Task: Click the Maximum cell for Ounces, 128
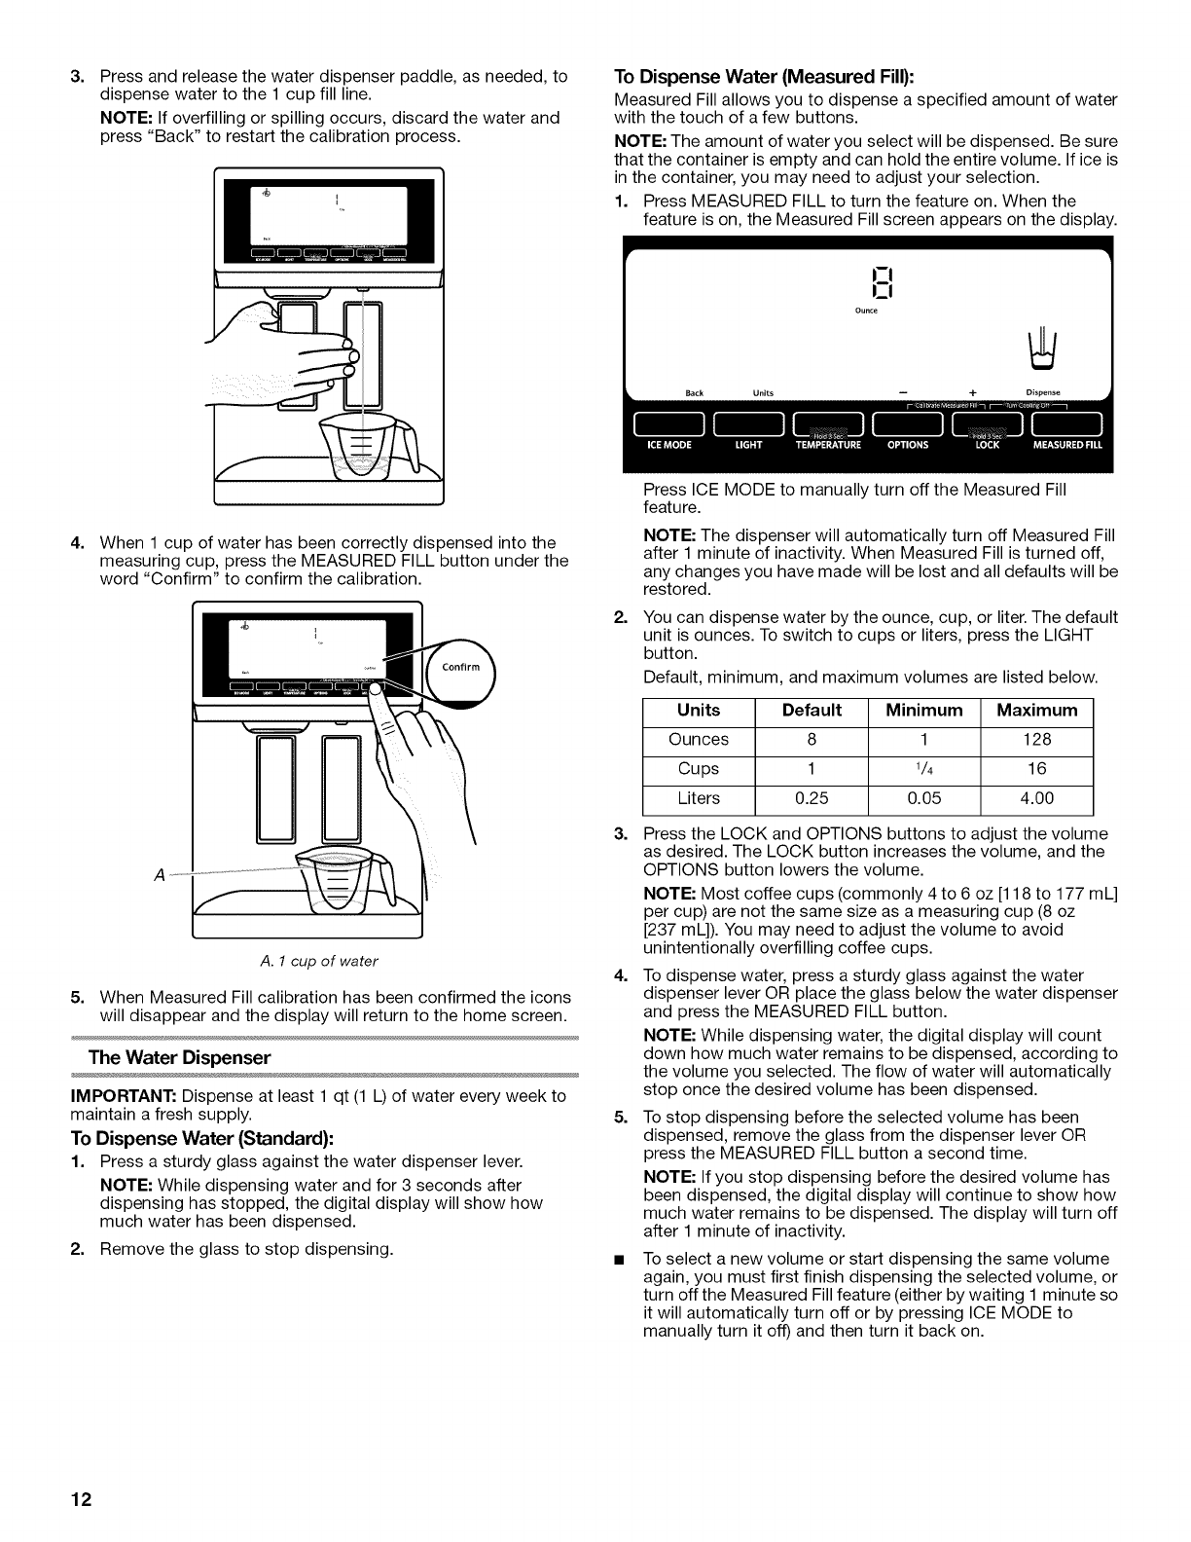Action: pos(1037,739)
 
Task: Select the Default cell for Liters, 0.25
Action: pos(812,798)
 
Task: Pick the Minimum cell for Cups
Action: pos(923,769)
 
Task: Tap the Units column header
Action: pos(699,710)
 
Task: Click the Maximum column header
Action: pos(1037,710)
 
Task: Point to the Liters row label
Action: pos(699,798)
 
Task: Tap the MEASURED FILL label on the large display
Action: pos(1067,445)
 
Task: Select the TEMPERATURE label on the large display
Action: pos(829,445)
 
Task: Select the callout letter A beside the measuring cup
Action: pos(159,871)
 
